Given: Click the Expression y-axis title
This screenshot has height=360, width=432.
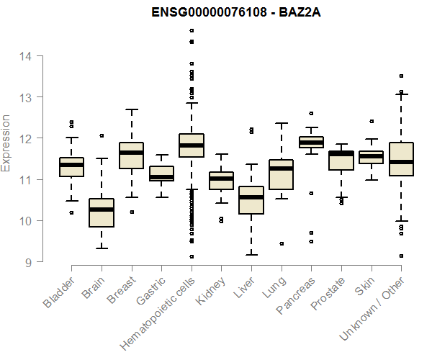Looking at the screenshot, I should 6,143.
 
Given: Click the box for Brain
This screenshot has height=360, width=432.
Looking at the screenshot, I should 102,212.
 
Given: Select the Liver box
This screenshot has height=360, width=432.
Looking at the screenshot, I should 251,200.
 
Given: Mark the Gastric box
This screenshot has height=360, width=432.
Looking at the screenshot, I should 161,174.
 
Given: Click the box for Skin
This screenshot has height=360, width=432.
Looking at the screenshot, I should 371,157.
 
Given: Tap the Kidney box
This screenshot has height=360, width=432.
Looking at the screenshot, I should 221,181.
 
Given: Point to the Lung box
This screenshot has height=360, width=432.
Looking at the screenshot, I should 281,174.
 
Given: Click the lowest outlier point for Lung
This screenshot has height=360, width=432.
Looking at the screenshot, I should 281,243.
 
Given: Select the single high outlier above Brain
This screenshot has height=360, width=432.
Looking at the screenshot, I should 102,135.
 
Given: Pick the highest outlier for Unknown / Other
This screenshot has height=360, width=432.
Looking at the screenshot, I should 401,76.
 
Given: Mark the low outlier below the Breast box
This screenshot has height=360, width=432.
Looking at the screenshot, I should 131,212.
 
